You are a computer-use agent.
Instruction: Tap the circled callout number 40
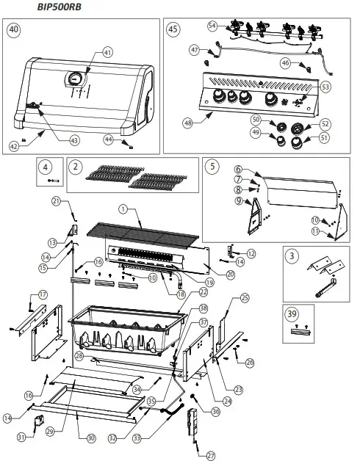tap(14, 30)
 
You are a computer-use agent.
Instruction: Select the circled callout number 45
tap(173, 30)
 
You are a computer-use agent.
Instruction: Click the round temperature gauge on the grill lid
tap(76, 79)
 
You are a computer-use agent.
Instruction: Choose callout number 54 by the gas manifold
tap(213, 26)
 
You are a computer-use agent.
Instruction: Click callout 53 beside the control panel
tap(325, 86)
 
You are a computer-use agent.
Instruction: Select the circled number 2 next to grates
tap(76, 166)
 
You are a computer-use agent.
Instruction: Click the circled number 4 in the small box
tap(45, 166)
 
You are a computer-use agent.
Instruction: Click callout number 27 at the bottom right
tap(211, 455)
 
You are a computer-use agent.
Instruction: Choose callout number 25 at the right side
tap(245, 297)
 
